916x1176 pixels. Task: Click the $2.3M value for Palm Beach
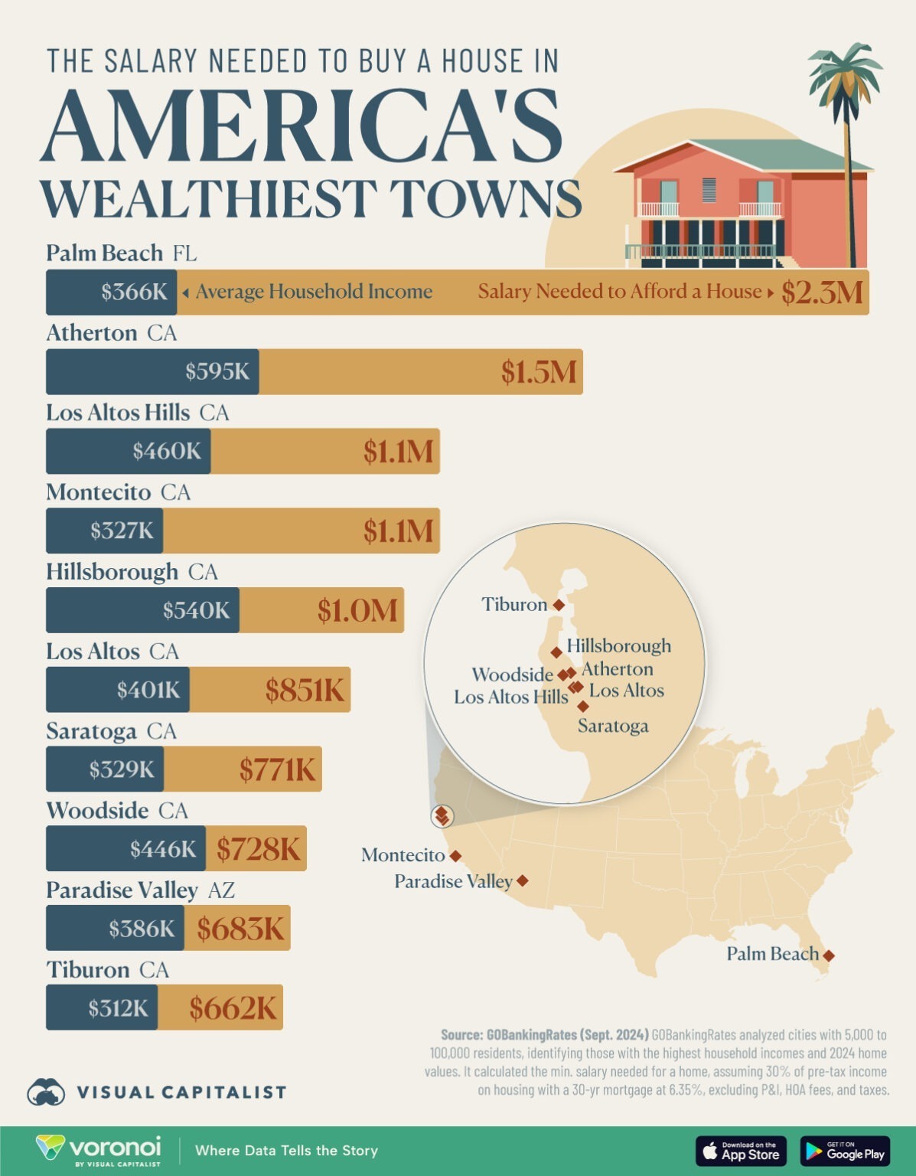[821, 292]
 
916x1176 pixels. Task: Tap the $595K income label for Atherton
[217, 372]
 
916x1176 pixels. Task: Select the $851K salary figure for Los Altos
[305, 691]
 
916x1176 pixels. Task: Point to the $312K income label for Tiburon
[118, 1008]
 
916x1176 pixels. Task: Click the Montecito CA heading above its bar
[118, 492]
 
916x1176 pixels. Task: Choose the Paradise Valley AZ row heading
[140, 890]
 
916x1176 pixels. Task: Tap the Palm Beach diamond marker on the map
[828, 955]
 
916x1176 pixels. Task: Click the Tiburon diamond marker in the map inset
[559, 605]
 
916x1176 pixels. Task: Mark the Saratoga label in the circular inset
[613, 726]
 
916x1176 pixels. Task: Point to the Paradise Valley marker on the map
[523, 881]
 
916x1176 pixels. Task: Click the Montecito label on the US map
[403, 855]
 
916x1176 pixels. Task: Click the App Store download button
[741, 1151]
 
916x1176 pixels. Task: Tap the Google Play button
[845, 1151]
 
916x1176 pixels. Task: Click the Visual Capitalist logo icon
[46, 1092]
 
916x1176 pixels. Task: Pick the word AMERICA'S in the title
[302, 126]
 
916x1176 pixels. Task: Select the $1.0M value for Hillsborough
[357, 611]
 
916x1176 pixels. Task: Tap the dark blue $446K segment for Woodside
[126, 849]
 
